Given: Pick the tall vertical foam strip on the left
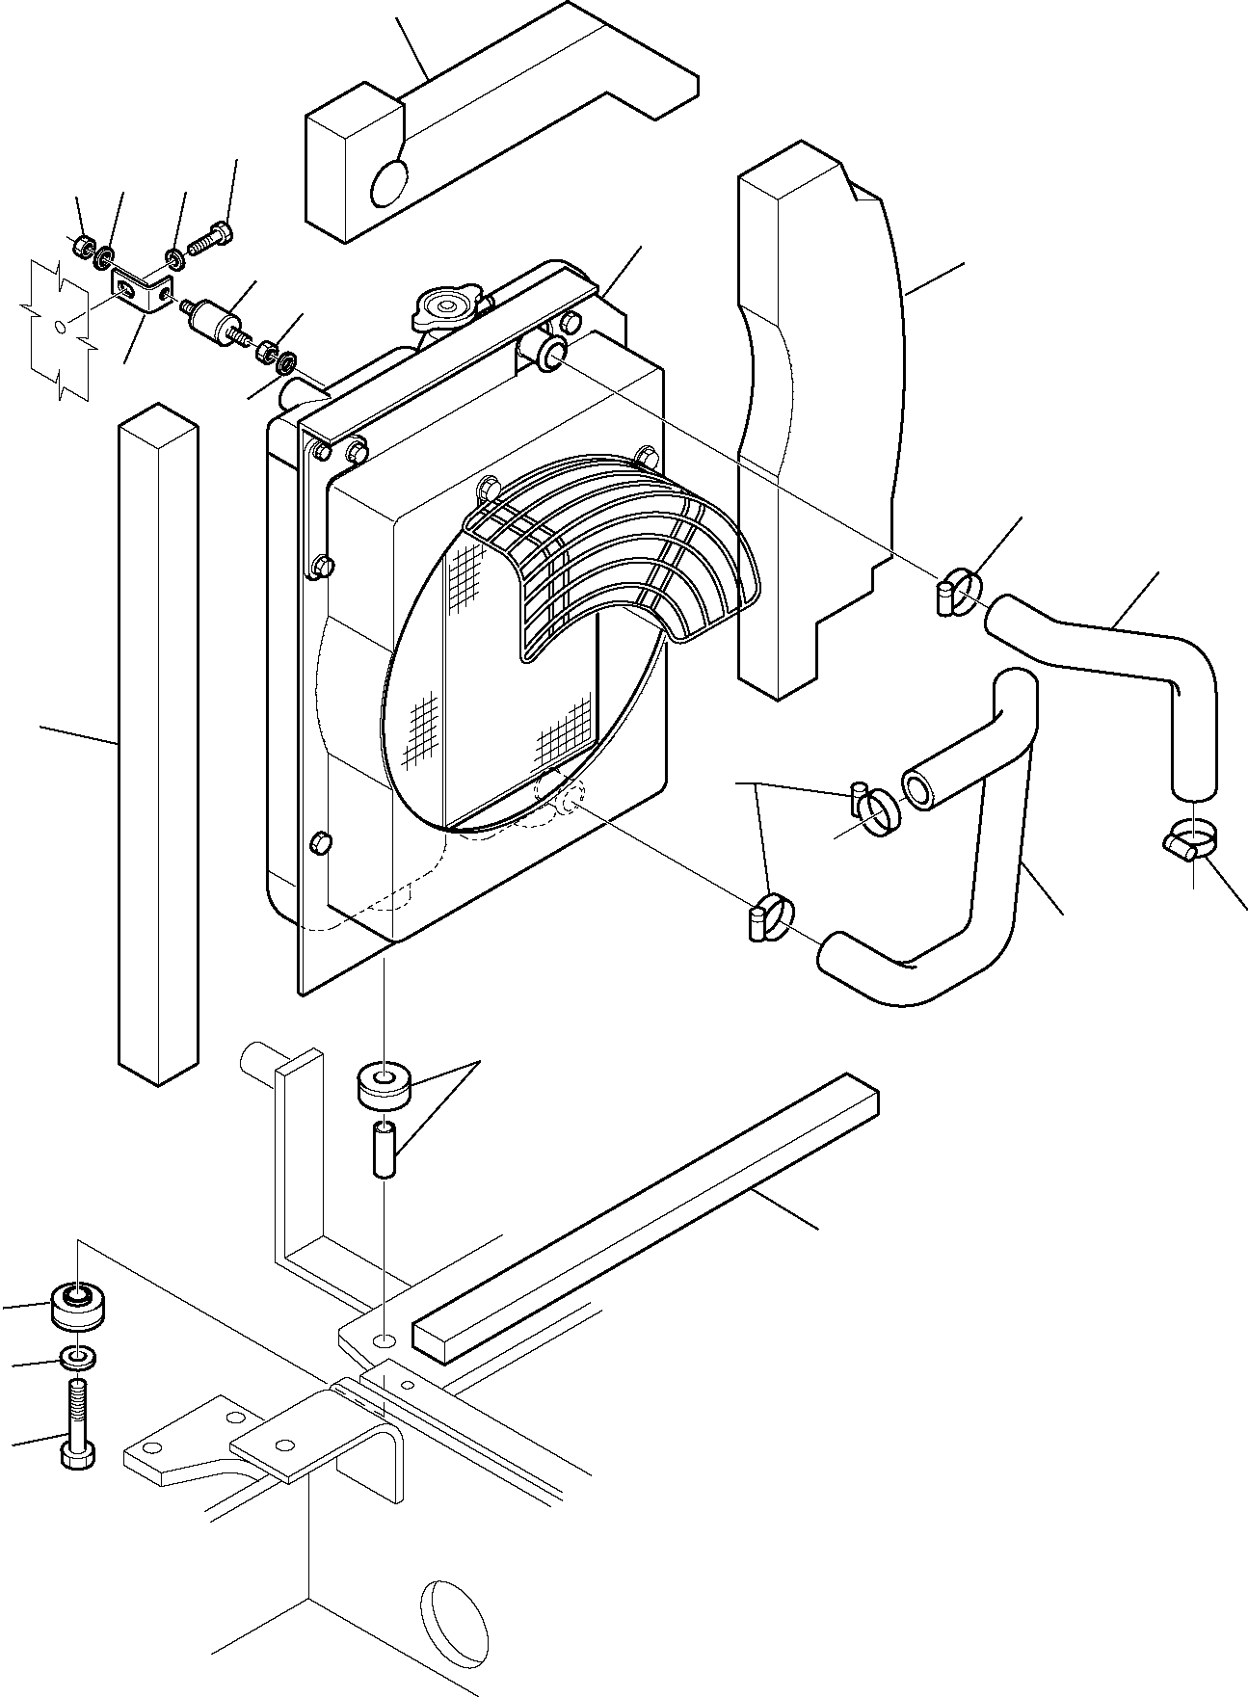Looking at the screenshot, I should pyautogui.click(x=156, y=742).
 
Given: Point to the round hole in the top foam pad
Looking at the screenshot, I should pyautogui.click(x=388, y=182).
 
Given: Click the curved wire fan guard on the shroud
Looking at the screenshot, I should pyautogui.click(x=617, y=559).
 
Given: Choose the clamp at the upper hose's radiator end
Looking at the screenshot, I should pyautogui.click(x=959, y=589).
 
